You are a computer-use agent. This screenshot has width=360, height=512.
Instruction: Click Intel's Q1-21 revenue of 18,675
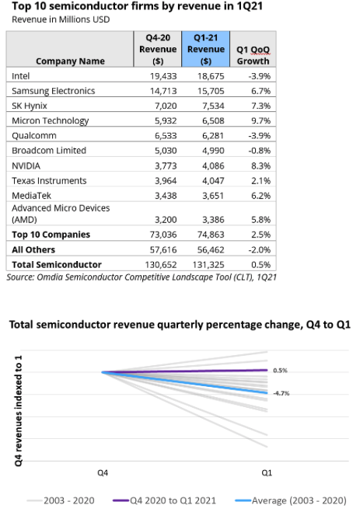click(x=211, y=76)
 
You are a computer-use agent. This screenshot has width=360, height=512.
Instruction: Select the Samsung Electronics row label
click(x=53, y=91)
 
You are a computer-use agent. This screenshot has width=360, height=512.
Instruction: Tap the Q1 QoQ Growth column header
click(x=253, y=55)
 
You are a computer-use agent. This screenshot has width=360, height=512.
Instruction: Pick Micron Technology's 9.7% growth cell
click(x=260, y=120)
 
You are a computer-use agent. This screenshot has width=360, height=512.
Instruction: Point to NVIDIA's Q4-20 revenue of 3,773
click(x=166, y=166)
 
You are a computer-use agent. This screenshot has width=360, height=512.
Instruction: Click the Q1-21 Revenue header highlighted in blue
click(x=206, y=49)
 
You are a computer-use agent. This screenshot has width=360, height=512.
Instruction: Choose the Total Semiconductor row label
click(x=57, y=264)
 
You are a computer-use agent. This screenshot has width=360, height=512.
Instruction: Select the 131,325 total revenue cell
click(x=208, y=264)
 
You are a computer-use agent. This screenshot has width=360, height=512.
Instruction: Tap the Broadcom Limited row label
click(x=49, y=151)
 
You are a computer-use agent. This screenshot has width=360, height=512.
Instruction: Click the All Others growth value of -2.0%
click(x=260, y=250)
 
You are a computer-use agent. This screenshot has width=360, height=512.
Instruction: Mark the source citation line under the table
click(x=142, y=277)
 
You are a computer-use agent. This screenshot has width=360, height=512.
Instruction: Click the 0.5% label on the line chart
click(x=280, y=371)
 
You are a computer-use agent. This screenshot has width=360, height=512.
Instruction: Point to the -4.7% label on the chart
click(x=281, y=393)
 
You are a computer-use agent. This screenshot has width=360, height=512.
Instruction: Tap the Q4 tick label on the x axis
click(x=103, y=473)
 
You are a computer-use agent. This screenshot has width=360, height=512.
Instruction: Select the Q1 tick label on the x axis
click(x=267, y=473)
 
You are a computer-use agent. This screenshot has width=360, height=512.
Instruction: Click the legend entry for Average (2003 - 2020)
click(x=291, y=500)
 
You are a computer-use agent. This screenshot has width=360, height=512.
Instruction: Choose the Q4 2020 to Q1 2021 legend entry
click(x=164, y=500)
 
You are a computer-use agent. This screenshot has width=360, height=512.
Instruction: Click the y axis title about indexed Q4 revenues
click(x=19, y=411)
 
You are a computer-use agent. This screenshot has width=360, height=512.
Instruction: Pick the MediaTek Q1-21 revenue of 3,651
click(x=213, y=196)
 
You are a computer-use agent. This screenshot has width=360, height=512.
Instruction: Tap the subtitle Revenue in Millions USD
click(x=61, y=19)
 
